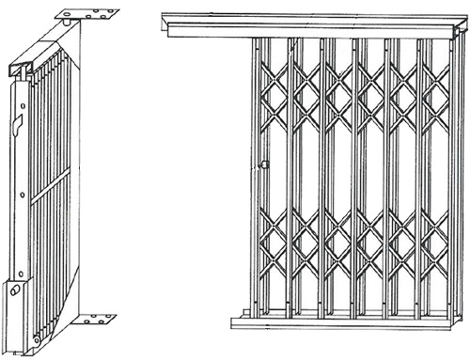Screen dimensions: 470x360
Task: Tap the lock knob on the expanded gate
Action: click(x=265, y=166)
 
